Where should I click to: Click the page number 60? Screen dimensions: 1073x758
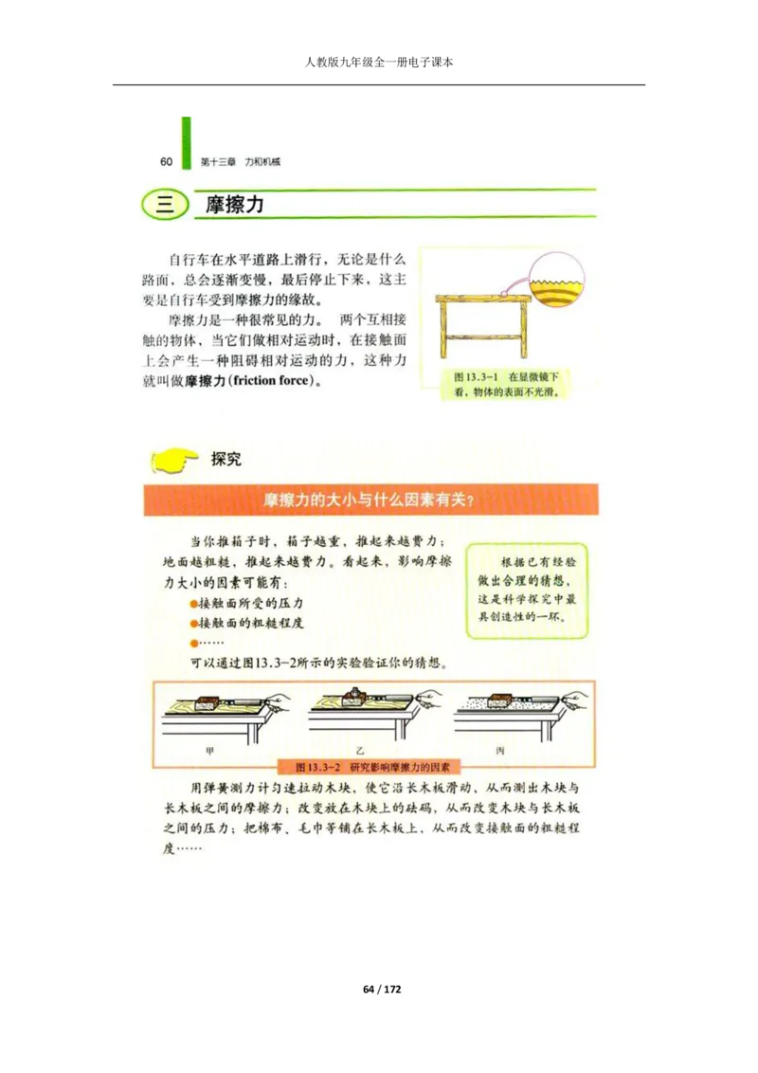[166, 161]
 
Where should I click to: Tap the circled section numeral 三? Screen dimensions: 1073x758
[165, 205]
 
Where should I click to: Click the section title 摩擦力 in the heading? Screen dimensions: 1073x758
[235, 205]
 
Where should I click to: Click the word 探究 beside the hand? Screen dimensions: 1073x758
[226, 459]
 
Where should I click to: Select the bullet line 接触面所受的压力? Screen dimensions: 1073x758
[249, 603]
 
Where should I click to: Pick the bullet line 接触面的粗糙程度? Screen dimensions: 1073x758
[249, 623]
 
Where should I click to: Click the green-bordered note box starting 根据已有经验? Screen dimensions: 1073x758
[527, 589]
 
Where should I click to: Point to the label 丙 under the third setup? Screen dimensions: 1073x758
[499, 750]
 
